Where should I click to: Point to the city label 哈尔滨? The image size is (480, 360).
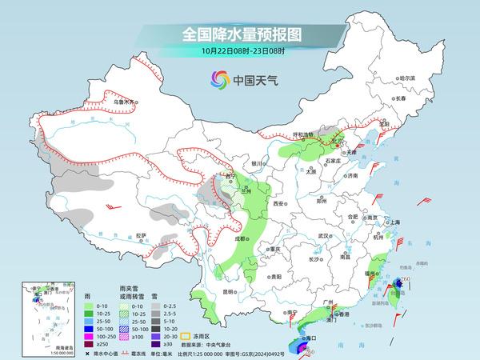[407, 78]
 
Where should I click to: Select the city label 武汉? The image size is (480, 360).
[323, 236]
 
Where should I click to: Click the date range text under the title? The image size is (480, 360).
[240, 53]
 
